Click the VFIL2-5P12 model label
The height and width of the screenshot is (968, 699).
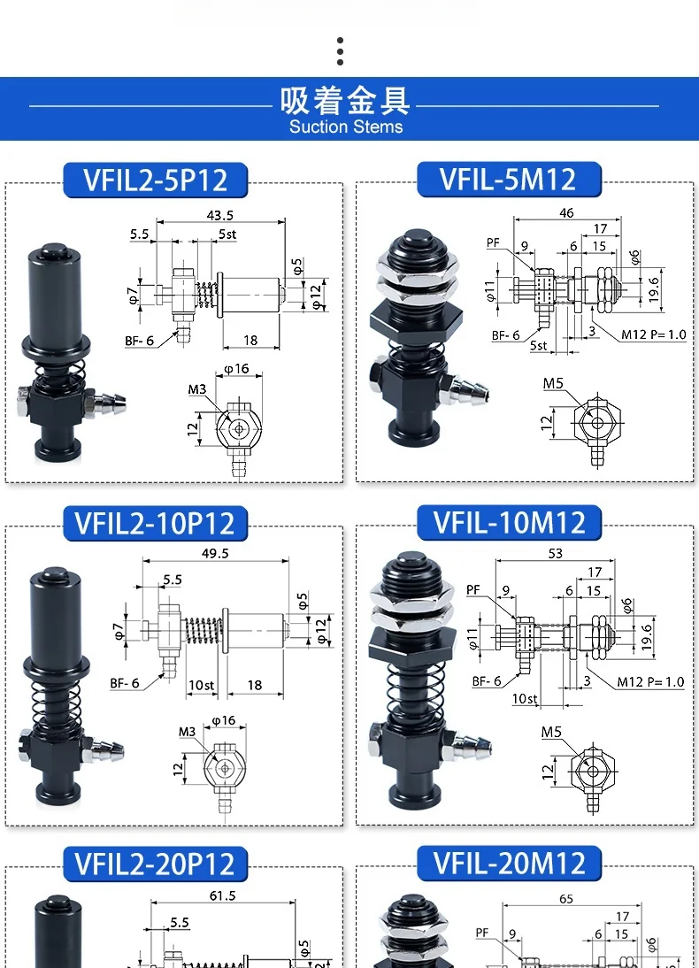(x=156, y=180)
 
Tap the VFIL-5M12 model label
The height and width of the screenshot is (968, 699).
(x=508, y=179)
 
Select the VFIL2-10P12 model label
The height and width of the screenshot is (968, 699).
(x=155, y=523)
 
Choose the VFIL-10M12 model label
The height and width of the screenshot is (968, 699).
(x=509, y=522)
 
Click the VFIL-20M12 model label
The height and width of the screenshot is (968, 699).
(x=509, y=863)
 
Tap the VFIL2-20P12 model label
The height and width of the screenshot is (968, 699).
(x=155, y=863)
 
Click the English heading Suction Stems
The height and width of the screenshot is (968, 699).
(x=346, y=127)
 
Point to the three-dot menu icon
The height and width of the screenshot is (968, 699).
(x=341, y=51)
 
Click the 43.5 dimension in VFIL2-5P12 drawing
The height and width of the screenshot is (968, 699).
(x=219, y=215)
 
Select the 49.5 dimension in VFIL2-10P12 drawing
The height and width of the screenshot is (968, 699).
(x=215, y=553)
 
